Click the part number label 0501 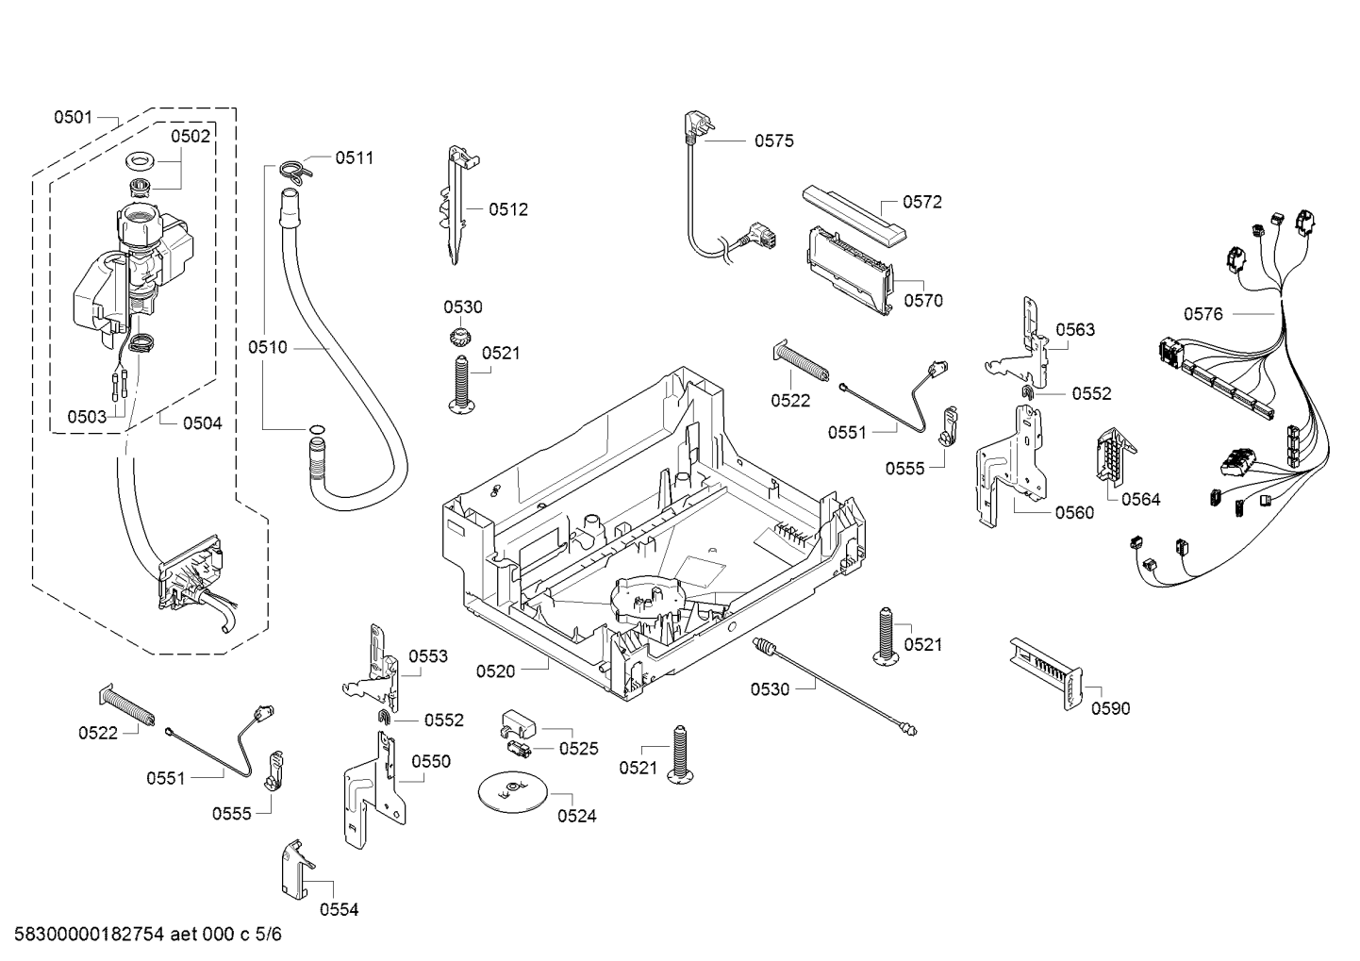pos(73,118)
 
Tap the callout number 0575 pos(773,141)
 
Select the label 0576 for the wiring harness pos(1203,314)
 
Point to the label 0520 pos(495,671)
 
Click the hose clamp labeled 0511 pos(293,170)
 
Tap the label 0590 pos(1110,709)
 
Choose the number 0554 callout pos(339,910)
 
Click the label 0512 pos(508,210)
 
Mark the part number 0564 pos(1140,500)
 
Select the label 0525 pos(578,749)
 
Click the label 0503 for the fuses pos(86,416)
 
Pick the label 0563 pos(1075,330)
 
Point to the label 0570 pos(922,302)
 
